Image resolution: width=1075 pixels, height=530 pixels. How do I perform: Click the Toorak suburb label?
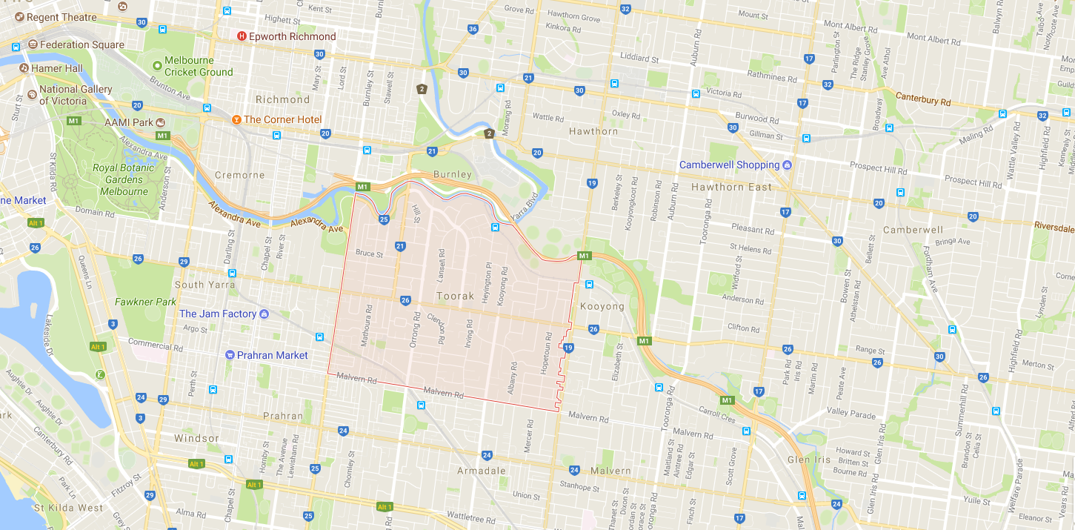click(x=455, y=296)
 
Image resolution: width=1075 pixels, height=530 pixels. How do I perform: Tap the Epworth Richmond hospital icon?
click(x=242, y=36)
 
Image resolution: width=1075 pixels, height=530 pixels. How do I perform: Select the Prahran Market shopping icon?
click(x=230, y=355)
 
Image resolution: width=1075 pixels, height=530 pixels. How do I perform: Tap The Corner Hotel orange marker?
click(x=236, y=119)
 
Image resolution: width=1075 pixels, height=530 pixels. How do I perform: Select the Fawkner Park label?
click(x=146, y=302)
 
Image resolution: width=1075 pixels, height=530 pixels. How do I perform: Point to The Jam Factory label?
click(x=218, y=314)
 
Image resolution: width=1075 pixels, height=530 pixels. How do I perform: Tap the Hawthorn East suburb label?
click(x=731, y=187)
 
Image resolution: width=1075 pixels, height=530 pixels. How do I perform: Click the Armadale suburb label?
click(x=481, y=471)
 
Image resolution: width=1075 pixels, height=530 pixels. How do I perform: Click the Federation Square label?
click(x=82, y=44)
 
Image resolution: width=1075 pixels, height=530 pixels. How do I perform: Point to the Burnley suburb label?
click(x=452, y=174)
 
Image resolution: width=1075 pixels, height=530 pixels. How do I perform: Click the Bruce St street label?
click(x=369, y=254)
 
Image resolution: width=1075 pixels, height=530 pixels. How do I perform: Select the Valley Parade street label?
click(x=851, y=411)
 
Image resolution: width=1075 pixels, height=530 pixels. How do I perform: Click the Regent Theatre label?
click(x=61, y=17)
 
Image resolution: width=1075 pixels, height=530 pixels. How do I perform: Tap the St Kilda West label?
click(x=69, y=508)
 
